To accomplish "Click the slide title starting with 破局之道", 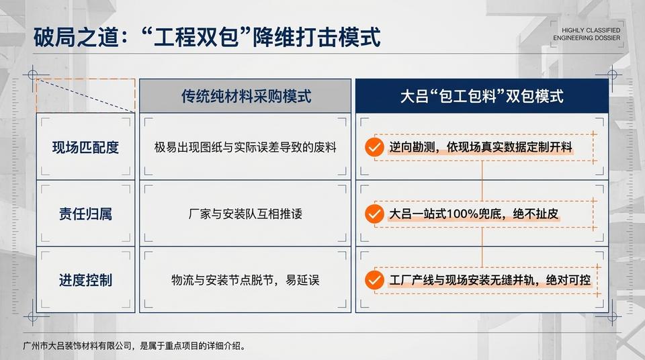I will [207, 37].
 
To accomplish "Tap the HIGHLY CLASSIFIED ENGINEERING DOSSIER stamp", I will [586, 34].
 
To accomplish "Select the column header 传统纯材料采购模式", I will [245, 96].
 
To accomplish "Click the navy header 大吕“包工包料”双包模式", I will [482, 96].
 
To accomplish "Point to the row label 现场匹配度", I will [85, 147].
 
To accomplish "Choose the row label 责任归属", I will [85, 214].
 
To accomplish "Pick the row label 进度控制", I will [85, 279].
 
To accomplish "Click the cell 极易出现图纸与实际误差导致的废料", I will [245, 147].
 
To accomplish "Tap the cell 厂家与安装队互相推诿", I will [245, 214].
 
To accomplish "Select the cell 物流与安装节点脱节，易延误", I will [245, 279].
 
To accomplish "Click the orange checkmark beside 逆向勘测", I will [374, 147].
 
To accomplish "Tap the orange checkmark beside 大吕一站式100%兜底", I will [374, 214].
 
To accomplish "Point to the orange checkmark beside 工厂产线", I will [374, 279].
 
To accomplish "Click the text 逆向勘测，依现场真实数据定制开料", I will [481, 147].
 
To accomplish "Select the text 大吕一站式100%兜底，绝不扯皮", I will [474, 214].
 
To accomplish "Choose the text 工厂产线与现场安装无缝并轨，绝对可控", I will [490, 279].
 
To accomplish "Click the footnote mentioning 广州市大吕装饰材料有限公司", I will [134, 347].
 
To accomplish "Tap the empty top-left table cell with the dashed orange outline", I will [85, 95].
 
